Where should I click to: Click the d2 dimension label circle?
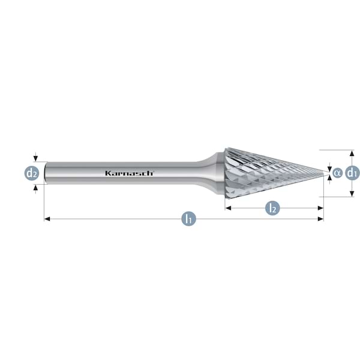32,173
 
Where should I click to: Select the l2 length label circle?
272,208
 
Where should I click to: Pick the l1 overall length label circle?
189,219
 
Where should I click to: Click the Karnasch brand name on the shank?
130,173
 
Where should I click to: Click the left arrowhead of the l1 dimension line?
47,219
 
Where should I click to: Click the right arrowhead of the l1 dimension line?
320,219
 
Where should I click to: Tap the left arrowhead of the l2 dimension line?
228,208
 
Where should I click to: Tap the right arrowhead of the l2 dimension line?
320,208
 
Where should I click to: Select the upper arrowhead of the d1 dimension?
352,153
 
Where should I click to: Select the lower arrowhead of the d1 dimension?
352,194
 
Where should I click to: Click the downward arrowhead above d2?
35,158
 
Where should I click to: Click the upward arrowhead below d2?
35,188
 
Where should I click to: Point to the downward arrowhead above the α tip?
329,169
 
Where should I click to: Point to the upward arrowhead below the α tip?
329,178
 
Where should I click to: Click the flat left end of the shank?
46,173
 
